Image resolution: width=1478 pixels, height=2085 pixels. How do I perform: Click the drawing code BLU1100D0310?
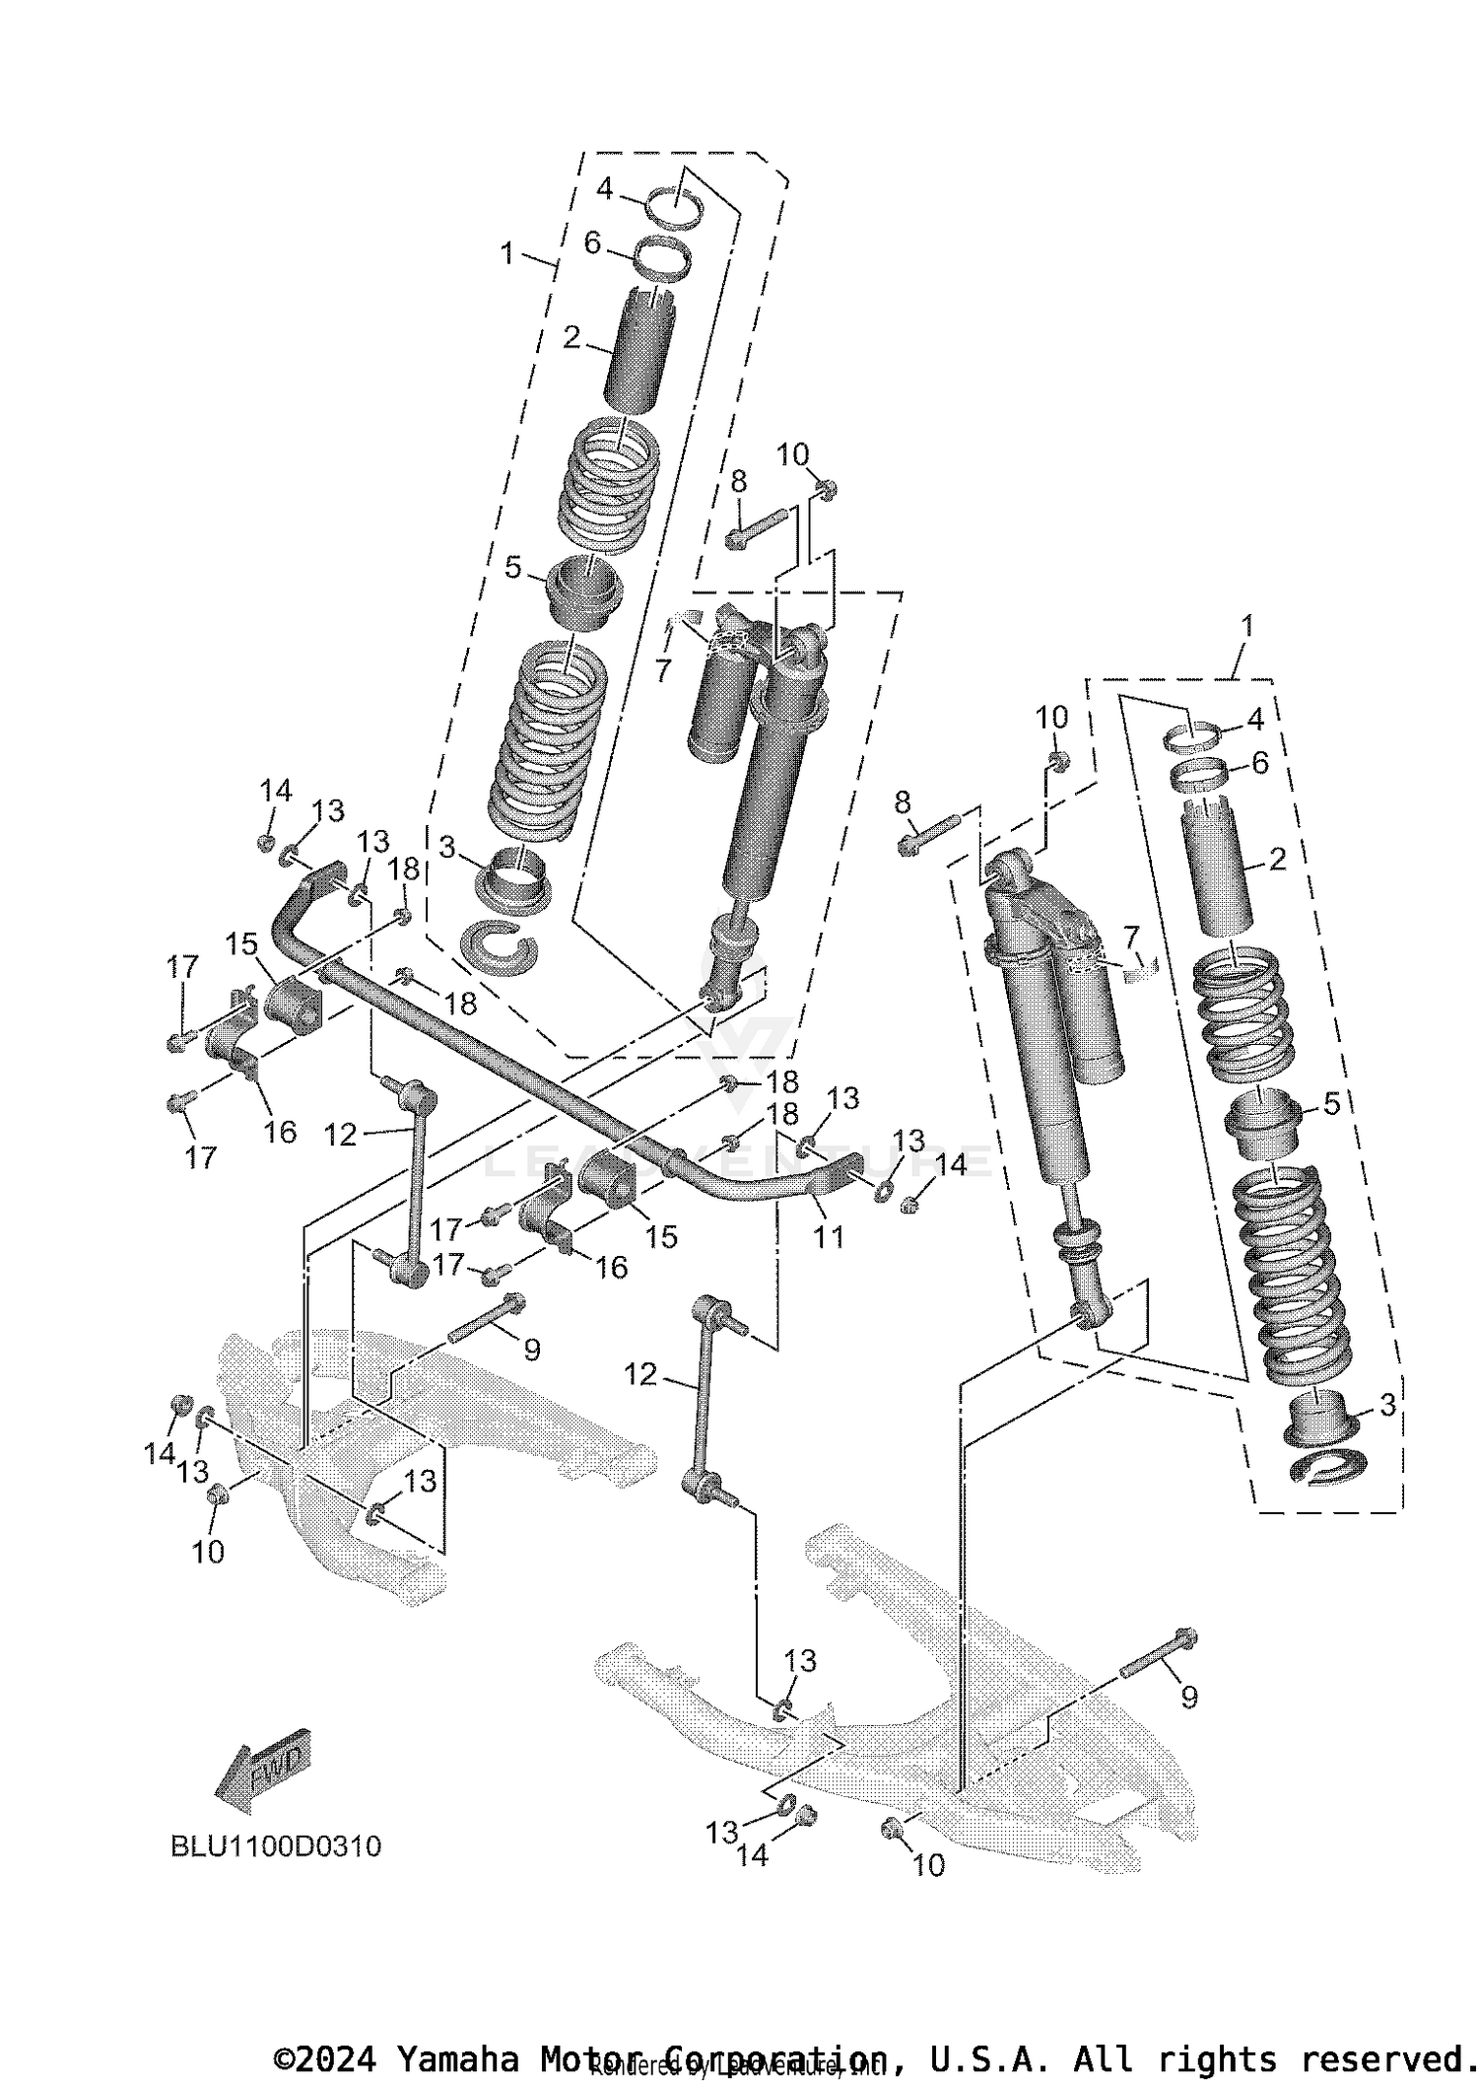(x=276, y=1845)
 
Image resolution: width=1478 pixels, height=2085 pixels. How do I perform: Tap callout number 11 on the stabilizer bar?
(x=829, y=1235)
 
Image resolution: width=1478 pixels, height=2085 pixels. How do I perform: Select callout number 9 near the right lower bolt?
(x=1188, y=1697)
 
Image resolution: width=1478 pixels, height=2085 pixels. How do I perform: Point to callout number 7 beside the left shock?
(x=662, y=670)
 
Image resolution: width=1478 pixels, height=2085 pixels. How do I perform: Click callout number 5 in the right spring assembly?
(x=1330, y=1103)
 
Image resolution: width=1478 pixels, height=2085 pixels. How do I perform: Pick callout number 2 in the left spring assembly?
(x=571, y=338)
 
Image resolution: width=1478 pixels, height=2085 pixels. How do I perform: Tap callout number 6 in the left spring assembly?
(x=592, y=243)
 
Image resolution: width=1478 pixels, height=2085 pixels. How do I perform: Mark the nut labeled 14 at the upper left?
(x=265, y=842)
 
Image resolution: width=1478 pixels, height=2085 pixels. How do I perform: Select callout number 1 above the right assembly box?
(x=1246, y=626)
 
